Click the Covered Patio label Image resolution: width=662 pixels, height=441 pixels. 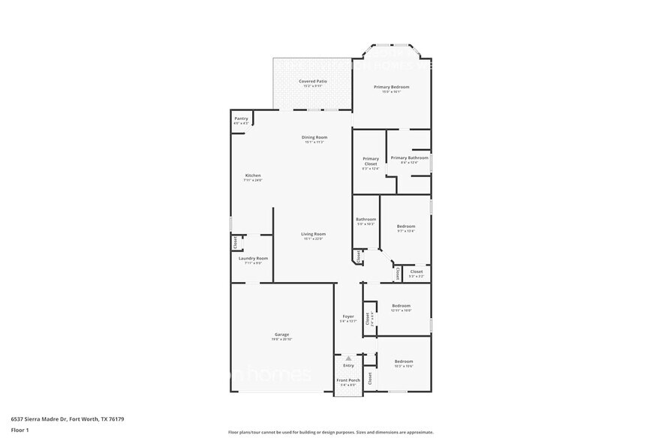[313, 81]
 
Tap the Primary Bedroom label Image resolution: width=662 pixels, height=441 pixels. [392, 87]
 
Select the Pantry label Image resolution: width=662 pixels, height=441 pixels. [241, 118]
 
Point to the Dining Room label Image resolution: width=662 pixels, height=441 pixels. [314, 137]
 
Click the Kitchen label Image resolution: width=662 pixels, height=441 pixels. [252, 175]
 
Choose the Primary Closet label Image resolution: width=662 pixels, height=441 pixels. [371, 160]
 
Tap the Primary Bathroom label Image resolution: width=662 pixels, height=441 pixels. [409, 157]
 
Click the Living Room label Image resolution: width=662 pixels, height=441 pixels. [313, 234]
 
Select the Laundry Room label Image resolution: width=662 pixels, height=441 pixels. [253, 258]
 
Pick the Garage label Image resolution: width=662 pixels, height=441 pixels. [281, 334]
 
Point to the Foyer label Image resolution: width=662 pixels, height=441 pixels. [348, 316]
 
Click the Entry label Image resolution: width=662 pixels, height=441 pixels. [348, 365]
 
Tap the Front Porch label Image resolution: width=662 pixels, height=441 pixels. [348, 380]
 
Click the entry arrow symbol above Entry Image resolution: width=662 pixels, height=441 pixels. [348, 358]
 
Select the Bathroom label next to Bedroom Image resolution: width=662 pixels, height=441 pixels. [366, 219]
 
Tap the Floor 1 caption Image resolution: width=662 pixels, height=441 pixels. [20, 430]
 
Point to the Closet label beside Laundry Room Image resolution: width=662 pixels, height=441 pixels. [235, 242]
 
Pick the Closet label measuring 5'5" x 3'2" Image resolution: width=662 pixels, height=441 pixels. [417, 272]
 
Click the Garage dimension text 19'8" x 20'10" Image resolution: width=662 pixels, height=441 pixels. [281, 340]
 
